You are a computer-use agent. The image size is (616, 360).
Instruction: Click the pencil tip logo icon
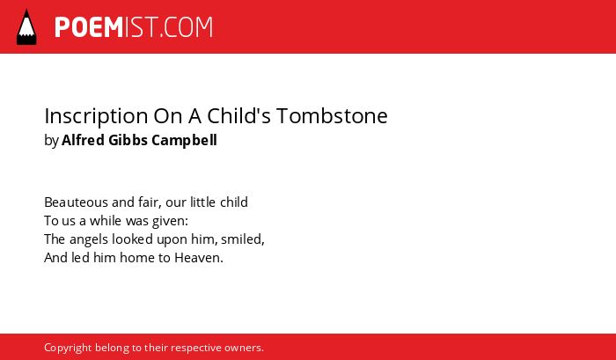(26, 26)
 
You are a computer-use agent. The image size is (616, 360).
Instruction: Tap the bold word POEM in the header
(89, 27)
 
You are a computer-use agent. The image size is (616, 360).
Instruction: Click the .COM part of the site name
(187, 27)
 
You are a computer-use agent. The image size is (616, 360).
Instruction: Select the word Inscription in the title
(96, 117)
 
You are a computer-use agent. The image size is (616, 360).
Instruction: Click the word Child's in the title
(238, 115)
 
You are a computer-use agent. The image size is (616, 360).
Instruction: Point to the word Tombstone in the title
(332, 115)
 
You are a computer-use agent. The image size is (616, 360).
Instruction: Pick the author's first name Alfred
(83, 140)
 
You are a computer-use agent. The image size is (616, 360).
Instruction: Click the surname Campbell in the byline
(184, 141)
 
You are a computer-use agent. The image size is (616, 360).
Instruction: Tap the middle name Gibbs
(128, 140)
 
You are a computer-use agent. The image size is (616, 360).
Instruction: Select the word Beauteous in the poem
(76, 202)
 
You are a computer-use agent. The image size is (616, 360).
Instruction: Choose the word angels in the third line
(88, 239)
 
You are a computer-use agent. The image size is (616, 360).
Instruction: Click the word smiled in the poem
(241, 239)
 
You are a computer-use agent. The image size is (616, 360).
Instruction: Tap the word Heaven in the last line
(197, 258)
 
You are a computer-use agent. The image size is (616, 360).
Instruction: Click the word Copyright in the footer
(68, 349)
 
